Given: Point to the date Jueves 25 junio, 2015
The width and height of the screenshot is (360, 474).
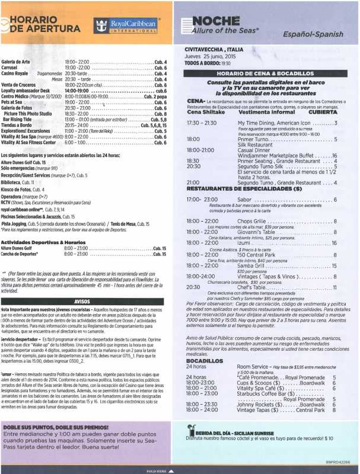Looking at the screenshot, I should [210, 57].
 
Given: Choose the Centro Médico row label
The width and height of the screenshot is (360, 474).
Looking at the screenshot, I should [23, 95].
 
